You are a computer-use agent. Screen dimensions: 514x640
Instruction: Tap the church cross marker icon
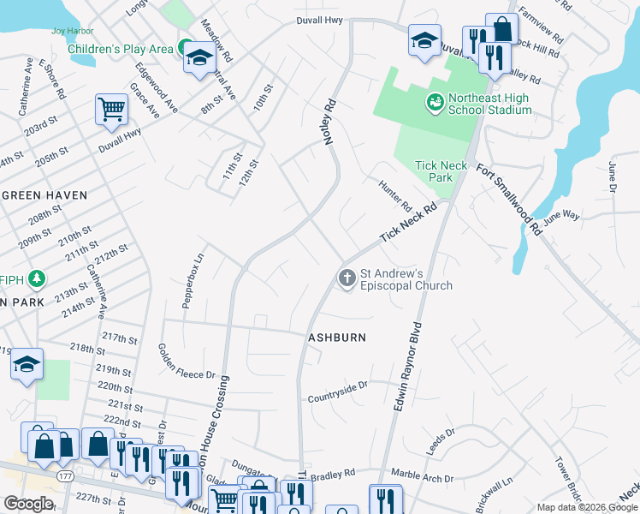click(x=347, y=278)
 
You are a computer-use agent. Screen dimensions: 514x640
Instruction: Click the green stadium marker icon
click(x=436, y=103)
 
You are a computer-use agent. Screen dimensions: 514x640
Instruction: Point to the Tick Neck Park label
click(x=433, y=171)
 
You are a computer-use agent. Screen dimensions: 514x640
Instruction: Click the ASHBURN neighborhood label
click(x=337, y=338)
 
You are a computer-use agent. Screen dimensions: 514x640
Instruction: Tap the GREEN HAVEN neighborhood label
click(x=44, y=195)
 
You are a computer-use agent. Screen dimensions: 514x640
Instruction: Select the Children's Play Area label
click(x=120, y=49)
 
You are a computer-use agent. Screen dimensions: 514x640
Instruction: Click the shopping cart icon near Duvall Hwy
click(x=110, y=109)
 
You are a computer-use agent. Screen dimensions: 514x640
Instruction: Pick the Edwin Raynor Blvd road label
click(x=409, y=367)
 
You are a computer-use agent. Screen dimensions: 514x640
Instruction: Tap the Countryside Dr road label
click(x=337, y=398)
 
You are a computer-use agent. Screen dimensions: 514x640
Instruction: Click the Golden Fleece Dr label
click(x=186, y=362)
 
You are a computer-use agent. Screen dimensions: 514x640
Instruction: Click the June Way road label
click(x=560, y=218)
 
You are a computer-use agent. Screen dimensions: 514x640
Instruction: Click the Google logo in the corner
click(x=28, y=504)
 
